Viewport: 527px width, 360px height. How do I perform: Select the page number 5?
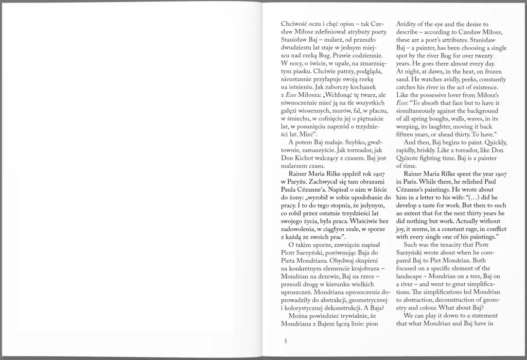285,340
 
